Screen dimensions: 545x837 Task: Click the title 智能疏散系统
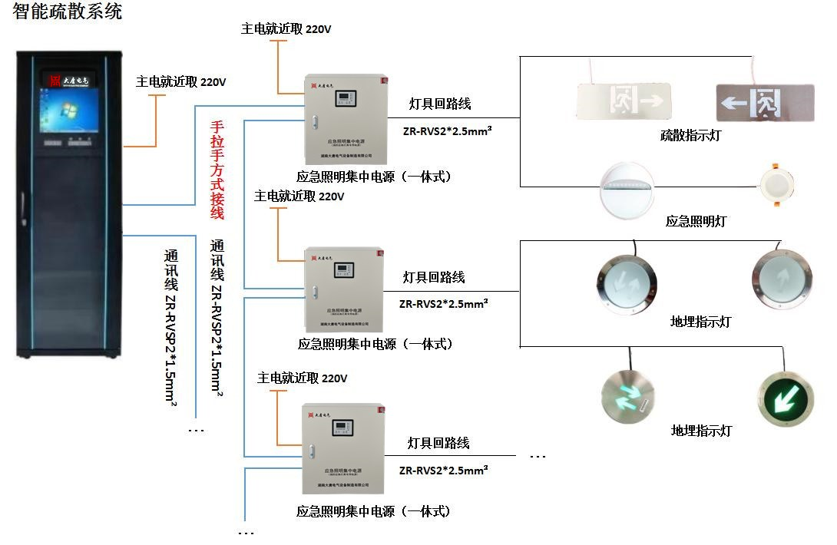[68, 12]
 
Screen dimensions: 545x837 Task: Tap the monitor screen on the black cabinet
[71, 114]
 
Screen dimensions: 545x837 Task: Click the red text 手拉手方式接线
[217, 170]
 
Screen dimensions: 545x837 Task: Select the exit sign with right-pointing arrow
[624, 99]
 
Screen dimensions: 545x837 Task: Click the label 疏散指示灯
[690, 136]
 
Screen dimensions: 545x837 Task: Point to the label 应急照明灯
[695, 221]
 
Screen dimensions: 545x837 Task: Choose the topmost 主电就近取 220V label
[286, 29]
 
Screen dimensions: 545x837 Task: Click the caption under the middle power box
[375, 344]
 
